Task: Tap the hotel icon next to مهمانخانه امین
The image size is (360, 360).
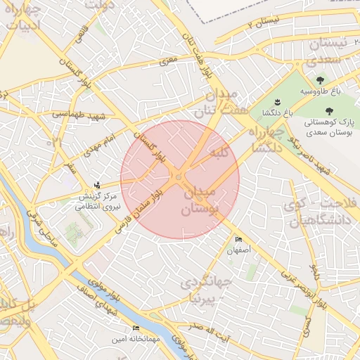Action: [136, 328]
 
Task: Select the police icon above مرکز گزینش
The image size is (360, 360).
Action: [97, 185]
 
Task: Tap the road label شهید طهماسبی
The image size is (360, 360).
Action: [78, 112]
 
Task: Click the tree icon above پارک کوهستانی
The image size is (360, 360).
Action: [328, 110]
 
